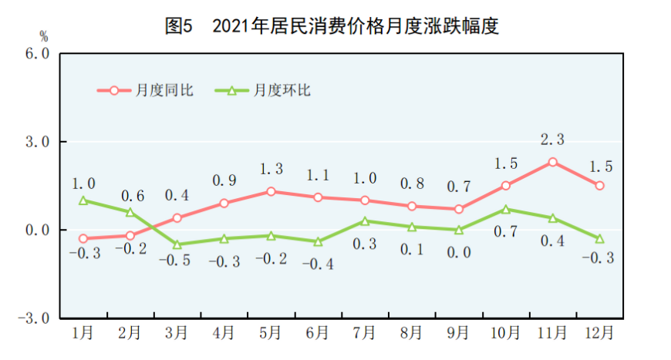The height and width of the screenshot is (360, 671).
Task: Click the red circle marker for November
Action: click(x=553, y=162)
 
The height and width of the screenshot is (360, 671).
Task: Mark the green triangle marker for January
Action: click(x=83, y=200)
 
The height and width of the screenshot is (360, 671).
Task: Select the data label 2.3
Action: click(x=552, y=140)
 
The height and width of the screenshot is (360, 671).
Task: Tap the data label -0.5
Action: click(x=177, y=261)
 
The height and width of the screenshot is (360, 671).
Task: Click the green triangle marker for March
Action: click(x=177, y=244)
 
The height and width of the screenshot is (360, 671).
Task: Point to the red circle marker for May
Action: click(x=271, y=191)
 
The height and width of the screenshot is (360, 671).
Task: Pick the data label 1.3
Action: click(x=271, y=169)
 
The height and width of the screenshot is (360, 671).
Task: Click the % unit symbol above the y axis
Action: click(x=43, y=35)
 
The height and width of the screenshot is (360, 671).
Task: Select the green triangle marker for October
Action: click(x=506, y=209)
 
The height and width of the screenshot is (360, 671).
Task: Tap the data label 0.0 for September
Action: click(x=458, y=251)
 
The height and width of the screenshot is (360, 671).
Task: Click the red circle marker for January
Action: click(x=83, y=239)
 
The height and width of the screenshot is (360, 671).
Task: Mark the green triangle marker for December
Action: click(x=599, y=238)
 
